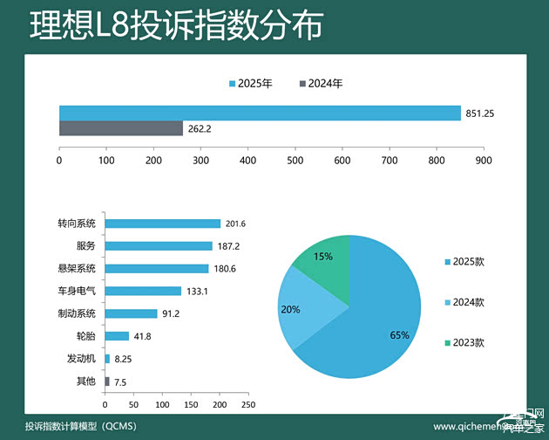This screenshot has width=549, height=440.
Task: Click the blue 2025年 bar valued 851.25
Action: point(260,113)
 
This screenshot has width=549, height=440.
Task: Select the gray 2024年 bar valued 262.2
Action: point(121,128)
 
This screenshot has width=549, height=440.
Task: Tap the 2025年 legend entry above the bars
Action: point(251,84)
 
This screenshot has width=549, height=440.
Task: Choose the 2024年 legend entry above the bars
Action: point(321,84)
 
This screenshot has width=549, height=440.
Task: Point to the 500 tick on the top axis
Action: point(295,161)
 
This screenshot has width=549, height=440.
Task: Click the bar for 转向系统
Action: point(162,223)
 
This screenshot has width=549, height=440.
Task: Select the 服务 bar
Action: point(159,246)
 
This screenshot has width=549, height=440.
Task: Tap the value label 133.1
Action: point(195,291)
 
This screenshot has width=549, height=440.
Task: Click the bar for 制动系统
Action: point(131,313)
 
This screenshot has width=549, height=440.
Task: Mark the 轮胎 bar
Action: point(117,336)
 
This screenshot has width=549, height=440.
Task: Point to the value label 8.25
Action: point(124,359)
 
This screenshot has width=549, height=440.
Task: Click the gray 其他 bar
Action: point(107,382)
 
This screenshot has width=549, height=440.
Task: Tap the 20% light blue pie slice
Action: point(301,301)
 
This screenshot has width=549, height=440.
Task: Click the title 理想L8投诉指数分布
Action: point(175,24)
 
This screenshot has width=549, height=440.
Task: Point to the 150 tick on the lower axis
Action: point(190,405)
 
